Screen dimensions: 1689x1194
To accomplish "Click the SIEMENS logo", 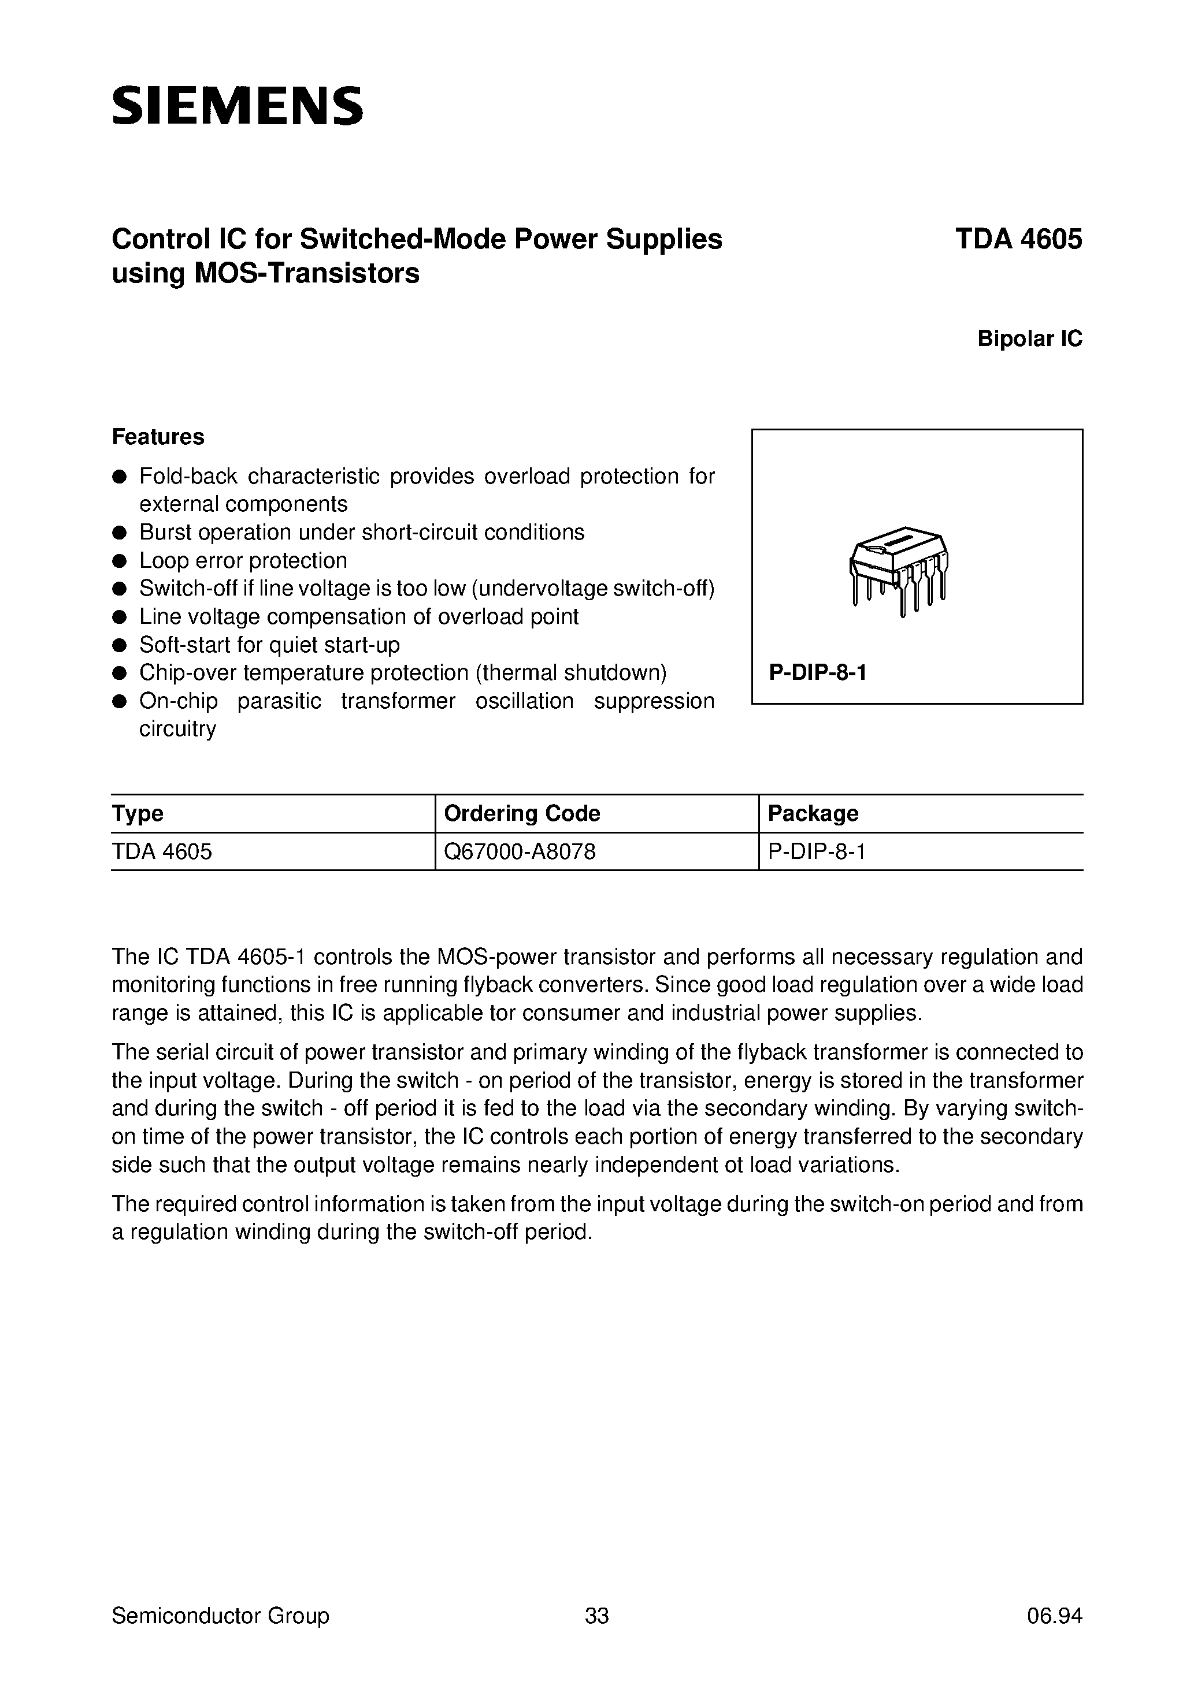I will pos(237,105).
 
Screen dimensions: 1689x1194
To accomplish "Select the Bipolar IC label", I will pos(1029,338).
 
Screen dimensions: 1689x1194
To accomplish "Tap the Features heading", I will pos(158,437).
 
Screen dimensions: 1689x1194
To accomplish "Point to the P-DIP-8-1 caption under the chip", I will pos(817,672).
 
